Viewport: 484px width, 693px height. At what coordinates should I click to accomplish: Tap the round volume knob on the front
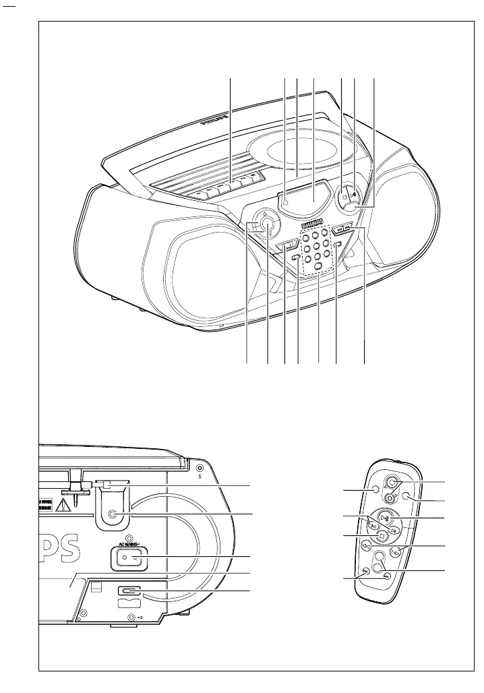click(x=268, y=224)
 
